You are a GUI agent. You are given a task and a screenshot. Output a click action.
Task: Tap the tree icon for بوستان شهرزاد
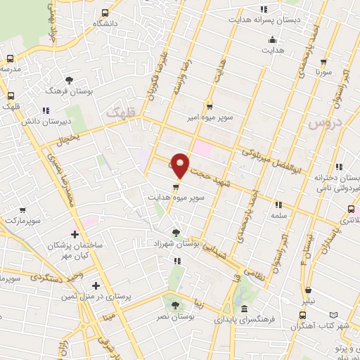click(x=176, y=231)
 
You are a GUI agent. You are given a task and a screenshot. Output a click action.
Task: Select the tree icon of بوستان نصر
click(x=175, y=304)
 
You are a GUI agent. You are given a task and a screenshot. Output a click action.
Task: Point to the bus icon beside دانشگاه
click(x=105, y=13)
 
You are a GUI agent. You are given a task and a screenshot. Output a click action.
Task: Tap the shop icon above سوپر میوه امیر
click(x=209, y=106)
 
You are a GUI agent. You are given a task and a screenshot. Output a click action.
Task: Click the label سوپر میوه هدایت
click(x=176, y=198)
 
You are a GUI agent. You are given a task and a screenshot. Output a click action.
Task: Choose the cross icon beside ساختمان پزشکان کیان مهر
click(x=75, y=233)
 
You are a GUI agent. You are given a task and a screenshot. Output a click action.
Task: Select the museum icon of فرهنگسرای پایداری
click(x=243, y=309)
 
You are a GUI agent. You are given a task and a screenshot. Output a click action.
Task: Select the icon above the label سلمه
click(x=278, y=205)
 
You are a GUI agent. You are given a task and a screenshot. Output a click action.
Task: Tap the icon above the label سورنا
click(x=323, y=62)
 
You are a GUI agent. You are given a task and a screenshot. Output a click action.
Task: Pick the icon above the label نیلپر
click(x=308, y=290)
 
